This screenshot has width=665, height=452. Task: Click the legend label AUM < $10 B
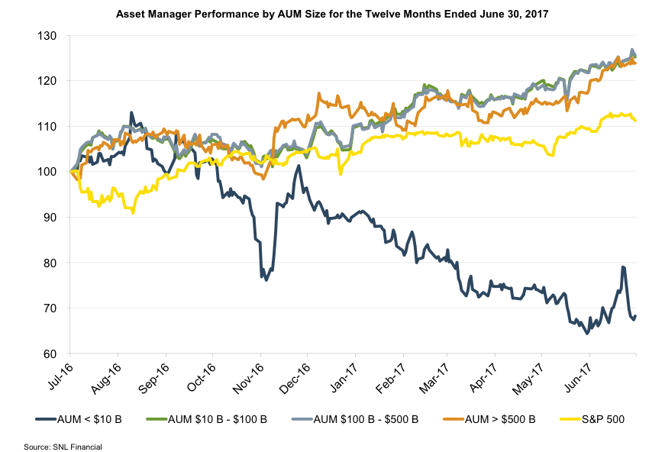click(90, 419)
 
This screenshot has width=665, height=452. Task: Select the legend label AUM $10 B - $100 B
click(218, 419)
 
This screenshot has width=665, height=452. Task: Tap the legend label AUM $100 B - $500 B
click(366, 419)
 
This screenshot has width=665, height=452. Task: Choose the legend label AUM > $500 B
click(501, 419)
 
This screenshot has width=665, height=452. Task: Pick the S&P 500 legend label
click(602, 419)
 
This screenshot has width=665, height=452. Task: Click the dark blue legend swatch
click(47, 419)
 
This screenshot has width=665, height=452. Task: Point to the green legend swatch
click(157, 419)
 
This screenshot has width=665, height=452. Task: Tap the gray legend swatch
click(302, 419)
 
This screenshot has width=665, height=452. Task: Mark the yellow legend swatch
click(570, 419)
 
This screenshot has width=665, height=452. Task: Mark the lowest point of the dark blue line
click(587, 334)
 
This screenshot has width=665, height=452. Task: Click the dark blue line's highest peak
click(131, 112)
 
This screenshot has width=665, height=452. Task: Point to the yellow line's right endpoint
click(636, 120)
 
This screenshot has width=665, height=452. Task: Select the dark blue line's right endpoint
click(636, 315)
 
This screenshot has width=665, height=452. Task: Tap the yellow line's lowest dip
click(133, 212)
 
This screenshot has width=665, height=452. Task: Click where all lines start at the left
click(70, 171)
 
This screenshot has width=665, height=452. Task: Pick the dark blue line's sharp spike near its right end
click(624, 267)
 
